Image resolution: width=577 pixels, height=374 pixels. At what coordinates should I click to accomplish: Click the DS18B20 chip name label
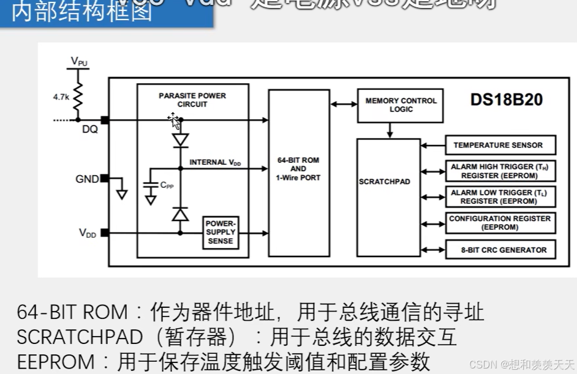pos(506,100)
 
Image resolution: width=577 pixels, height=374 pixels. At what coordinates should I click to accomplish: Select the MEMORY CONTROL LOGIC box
pos(401,105)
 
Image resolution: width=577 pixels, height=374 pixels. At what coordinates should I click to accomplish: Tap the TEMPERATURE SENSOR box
pos(500,145)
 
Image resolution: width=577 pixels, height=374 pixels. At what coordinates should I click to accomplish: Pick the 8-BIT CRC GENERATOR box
pos(500,250)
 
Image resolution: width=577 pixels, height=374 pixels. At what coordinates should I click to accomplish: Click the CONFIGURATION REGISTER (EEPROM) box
pos(500,223)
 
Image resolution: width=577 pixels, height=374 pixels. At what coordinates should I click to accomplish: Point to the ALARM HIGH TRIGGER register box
pos(500,171)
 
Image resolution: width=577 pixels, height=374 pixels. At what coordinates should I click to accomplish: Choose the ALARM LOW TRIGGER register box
pos(500,196)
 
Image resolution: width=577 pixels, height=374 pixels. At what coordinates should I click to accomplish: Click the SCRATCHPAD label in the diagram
pos(384,182)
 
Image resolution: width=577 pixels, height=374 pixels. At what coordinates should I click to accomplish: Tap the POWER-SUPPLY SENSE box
pos(221,233)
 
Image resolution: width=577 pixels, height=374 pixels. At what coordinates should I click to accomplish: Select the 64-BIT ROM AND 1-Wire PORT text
pos(298,168)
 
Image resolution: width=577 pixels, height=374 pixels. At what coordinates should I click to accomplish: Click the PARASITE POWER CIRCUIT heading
pos(192,100)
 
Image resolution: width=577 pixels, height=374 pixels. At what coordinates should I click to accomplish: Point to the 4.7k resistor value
pos(61,96)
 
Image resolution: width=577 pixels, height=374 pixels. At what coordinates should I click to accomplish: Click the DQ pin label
pos(89,129)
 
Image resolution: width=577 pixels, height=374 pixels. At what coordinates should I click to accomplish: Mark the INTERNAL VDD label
pos(215,162)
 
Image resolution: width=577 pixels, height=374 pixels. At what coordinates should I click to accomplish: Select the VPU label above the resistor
pos(79,61)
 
